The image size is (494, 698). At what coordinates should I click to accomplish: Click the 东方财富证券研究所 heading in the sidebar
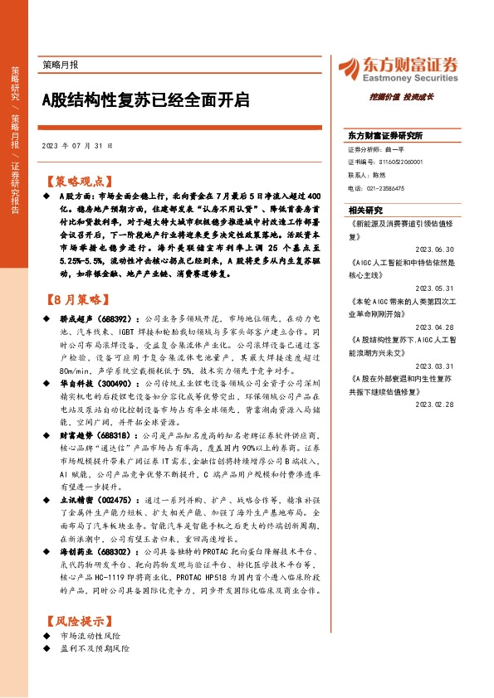pyautogui.click(x=385, y=134)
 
